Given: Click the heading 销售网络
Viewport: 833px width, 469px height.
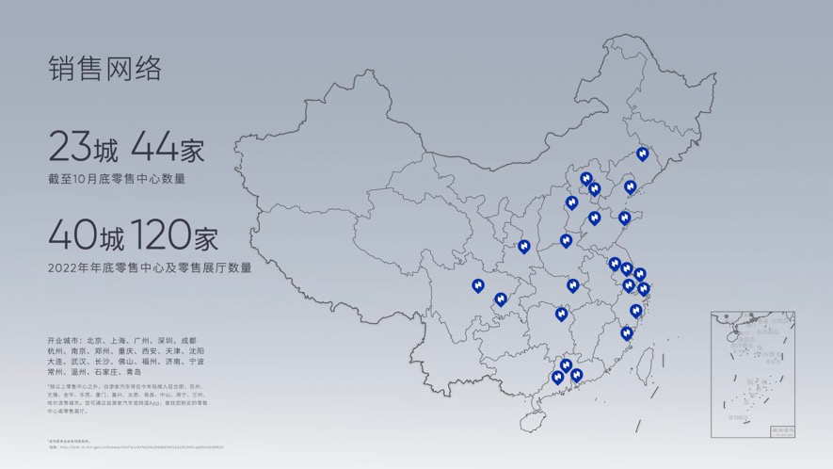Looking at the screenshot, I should pos(104,68).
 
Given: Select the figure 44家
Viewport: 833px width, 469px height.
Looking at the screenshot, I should pos(168,148).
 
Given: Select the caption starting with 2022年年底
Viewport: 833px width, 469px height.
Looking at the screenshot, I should pos(150,268).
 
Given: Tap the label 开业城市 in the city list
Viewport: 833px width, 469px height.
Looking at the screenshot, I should pos(63,340).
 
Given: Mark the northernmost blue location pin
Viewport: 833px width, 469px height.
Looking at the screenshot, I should pos(643,154).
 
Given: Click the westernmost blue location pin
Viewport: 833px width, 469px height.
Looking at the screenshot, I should pos(478,285).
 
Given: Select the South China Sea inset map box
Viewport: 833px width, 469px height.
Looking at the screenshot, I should pos(753,373).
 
